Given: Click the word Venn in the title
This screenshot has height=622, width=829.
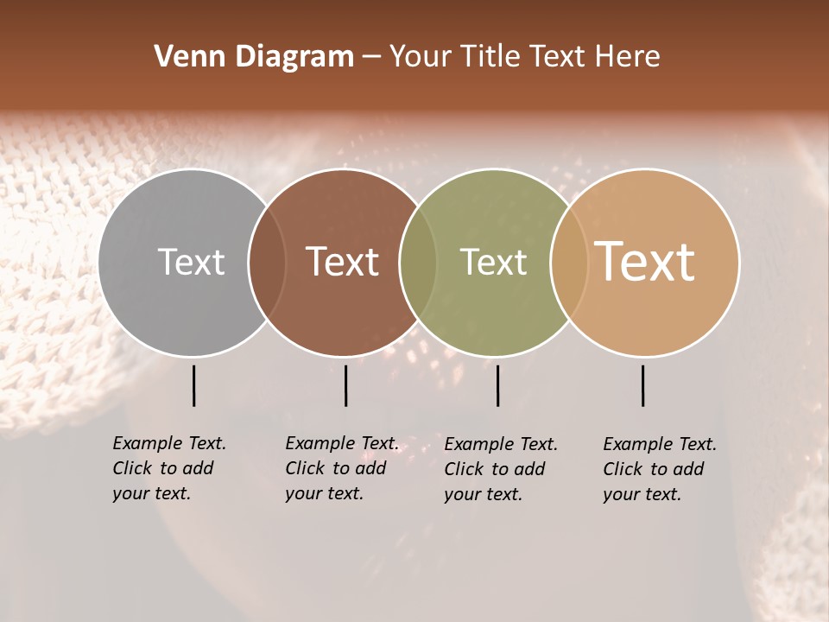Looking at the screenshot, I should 186,57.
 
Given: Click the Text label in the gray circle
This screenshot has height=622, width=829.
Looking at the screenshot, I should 191,262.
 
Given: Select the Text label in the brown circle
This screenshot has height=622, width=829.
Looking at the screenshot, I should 342,262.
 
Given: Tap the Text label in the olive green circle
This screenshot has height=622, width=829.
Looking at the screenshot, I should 493,262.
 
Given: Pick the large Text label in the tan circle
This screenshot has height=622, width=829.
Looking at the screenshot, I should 645,262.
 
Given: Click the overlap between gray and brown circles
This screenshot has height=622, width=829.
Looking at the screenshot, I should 267,262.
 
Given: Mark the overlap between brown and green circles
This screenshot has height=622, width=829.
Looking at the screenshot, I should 418,262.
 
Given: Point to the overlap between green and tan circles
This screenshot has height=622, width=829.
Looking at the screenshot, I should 568,262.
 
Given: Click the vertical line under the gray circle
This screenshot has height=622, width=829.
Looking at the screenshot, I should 193,385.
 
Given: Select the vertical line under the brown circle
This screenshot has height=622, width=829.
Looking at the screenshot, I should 345,385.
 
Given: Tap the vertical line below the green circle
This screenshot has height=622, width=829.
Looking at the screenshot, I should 497,385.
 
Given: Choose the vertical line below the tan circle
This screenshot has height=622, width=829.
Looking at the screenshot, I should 642,385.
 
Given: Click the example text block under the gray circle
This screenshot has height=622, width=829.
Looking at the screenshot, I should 168,468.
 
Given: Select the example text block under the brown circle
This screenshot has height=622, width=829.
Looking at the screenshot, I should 341,468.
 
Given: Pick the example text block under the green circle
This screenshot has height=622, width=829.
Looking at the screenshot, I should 500,469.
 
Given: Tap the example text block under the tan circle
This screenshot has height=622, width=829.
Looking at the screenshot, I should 659,469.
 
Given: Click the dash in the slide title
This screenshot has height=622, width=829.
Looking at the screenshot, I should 371,58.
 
